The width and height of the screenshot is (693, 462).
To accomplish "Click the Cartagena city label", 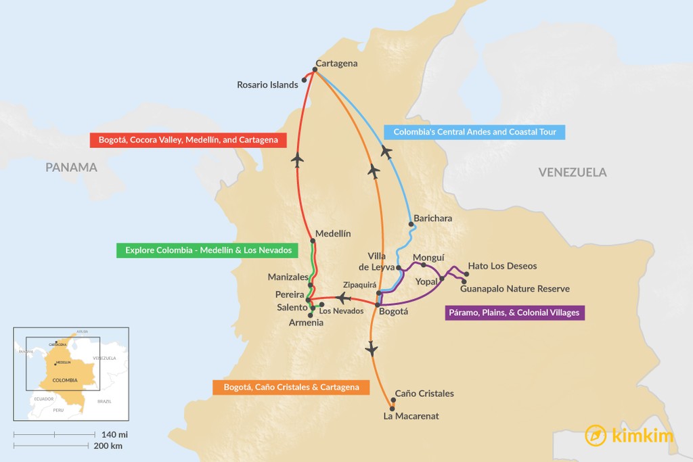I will point(336,64).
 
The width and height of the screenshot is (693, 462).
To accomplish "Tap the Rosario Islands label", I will point(267,85).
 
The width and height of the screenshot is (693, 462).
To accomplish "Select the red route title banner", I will point(188,140).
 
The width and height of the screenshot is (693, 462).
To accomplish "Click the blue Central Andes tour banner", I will point(474,132).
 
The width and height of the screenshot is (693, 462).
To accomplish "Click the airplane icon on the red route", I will point(298,160).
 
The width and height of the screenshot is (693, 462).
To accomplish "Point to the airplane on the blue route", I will point(386,151).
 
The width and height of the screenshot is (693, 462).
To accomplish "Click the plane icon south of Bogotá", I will point(371,349).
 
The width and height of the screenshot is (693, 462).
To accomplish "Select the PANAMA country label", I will point(72,167).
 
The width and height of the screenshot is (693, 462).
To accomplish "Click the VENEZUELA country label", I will point(573,172).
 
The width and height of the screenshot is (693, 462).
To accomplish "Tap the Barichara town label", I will point(432,218).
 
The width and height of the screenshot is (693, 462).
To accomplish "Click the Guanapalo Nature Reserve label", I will point(514,289).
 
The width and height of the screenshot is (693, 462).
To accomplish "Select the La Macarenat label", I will point(411,416).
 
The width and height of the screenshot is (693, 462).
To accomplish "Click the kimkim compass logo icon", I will point(596,435).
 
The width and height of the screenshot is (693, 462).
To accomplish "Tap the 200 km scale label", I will point(108,446).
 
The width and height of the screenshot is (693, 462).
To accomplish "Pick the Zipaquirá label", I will point(359,285).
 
